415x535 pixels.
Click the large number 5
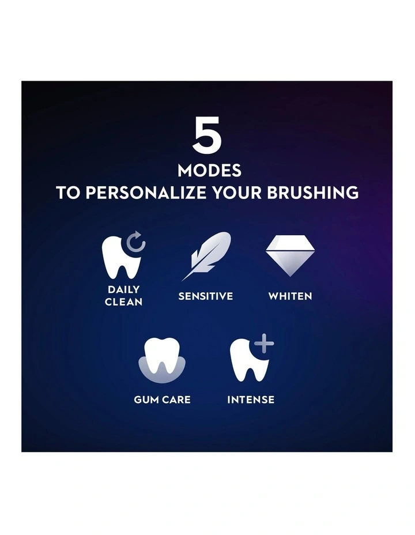coord(207,137)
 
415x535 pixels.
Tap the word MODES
coord(209,171)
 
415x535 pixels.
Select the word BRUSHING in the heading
coord(313,193)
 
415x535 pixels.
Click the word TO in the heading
coord(69,193)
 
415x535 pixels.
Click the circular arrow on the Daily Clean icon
coord(136,244)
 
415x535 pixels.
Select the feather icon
coord(206,255)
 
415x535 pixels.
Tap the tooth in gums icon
coord(162,360)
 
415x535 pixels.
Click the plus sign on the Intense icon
coord(264,344)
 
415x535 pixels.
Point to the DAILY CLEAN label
coord(123,295)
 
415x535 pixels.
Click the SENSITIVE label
coord(206,296)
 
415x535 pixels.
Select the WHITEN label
coord(290,296)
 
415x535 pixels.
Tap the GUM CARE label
coord(162,400)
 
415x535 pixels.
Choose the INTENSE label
coord(251,400)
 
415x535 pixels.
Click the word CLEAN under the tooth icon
coord(123,302)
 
